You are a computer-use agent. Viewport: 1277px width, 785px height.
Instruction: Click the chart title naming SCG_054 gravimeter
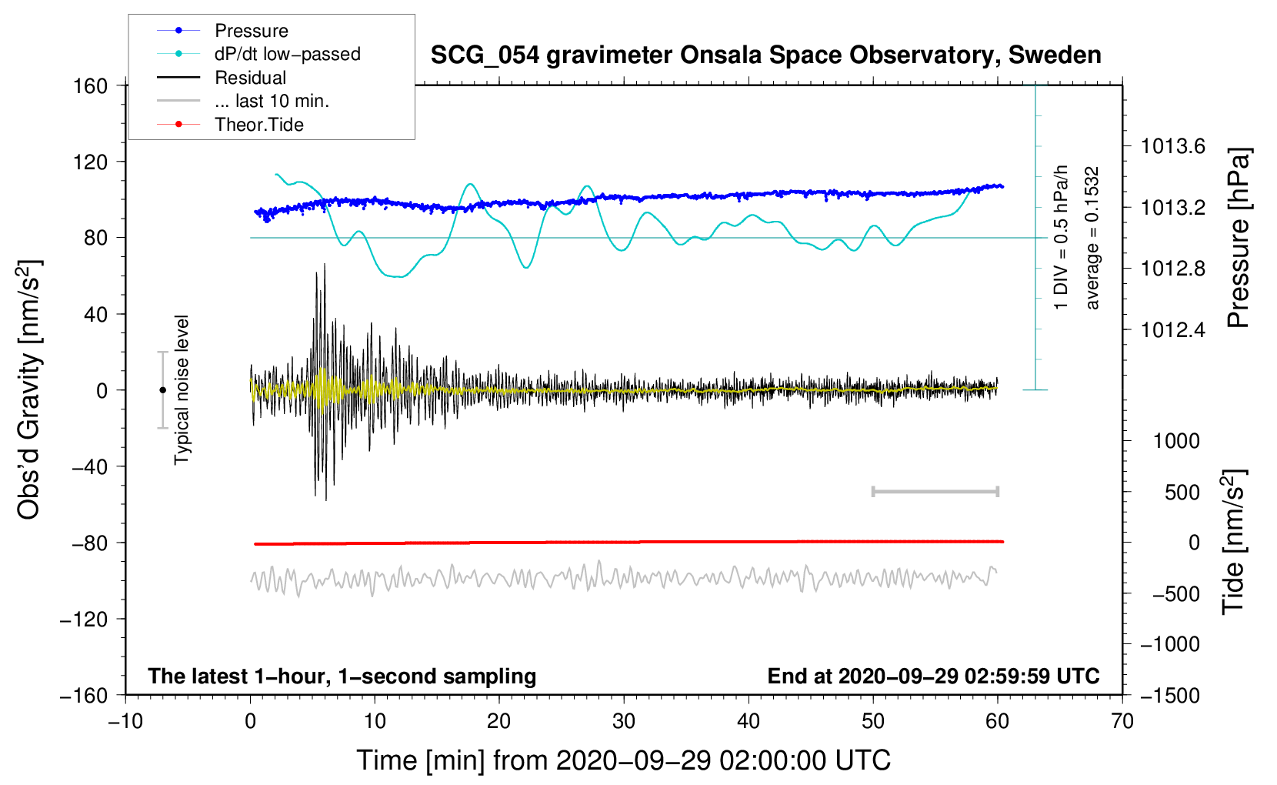765,55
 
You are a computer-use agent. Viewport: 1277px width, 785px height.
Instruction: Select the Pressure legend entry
251,31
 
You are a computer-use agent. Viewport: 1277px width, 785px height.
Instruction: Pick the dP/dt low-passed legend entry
287,54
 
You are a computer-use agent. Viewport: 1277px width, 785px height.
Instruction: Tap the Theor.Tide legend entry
258,125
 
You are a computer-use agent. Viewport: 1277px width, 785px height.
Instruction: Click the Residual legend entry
250,78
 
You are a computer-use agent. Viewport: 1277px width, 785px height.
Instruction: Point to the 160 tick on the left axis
91,86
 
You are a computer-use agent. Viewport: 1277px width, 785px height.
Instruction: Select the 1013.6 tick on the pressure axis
1172,146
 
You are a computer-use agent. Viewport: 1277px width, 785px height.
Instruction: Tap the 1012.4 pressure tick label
1172,330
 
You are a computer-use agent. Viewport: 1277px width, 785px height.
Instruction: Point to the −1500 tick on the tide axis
1169,696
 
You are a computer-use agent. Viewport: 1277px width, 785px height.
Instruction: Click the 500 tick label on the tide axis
1182,493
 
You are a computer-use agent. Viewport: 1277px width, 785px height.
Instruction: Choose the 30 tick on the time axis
624,722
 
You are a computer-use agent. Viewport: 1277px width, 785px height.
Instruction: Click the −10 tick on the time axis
125,722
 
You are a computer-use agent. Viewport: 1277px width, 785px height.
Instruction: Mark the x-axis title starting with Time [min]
624,760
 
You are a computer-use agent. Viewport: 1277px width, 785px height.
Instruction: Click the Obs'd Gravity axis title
29,390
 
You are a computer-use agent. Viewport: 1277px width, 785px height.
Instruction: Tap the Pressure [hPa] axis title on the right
1238,238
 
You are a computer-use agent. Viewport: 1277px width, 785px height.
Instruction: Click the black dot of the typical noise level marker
162,390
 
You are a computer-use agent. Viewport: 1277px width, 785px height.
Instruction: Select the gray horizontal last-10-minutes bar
935,492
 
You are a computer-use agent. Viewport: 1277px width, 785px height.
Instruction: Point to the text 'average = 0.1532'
1092,238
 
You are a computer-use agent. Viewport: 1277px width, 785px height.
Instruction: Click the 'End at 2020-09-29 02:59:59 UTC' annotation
933,676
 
